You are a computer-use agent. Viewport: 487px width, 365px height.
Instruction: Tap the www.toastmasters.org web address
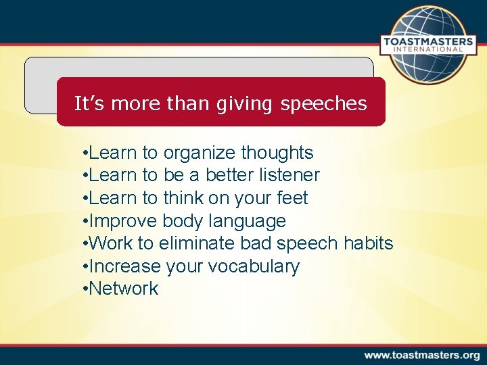pyautogui.click(x=421, y=355)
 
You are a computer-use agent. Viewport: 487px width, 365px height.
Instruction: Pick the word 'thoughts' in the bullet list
pyautogui.click(x=277, y=153)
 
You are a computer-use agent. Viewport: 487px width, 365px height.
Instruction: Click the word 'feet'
pyautogui.click(x=292, y=198)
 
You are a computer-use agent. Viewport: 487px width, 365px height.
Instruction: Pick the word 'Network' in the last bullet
pyautogui.click(x=124, y=289)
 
